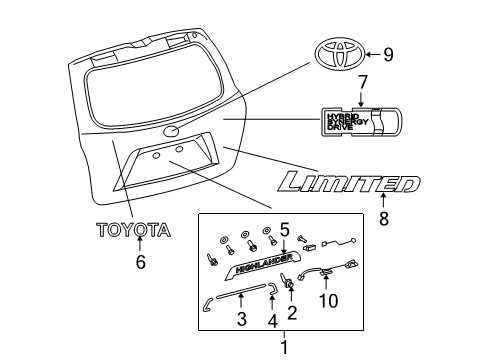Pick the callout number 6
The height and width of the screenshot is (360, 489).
[x=140, y=262]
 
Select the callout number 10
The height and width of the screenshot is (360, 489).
[x=327, y=299]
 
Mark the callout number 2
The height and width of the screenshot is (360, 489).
[x=291, y=313]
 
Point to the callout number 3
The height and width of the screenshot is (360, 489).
[x=241, y=321]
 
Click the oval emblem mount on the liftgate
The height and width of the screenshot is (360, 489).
[x=171, y=131]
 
